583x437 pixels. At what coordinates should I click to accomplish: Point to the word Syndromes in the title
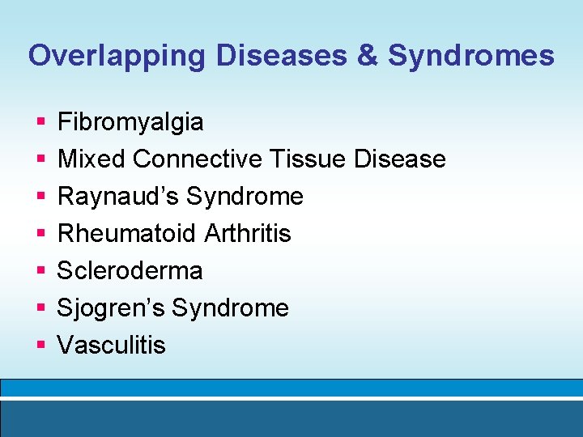471,56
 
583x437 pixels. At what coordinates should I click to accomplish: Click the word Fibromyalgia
130,123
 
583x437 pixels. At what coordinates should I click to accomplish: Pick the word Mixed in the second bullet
91,159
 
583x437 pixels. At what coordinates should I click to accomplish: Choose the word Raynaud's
118,197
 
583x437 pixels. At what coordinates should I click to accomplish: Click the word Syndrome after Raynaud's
245,197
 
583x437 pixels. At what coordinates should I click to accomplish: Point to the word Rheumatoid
127,234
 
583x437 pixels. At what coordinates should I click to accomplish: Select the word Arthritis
248,234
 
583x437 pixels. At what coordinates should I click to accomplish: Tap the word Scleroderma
130,270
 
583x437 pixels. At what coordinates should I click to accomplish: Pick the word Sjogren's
111,308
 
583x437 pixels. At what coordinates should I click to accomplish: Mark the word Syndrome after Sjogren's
231,308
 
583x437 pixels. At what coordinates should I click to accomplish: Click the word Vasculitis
112,345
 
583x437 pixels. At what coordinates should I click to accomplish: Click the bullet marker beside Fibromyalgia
40,123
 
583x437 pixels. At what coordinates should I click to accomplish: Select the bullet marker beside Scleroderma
40,271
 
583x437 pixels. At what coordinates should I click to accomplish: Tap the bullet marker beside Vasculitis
40,346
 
